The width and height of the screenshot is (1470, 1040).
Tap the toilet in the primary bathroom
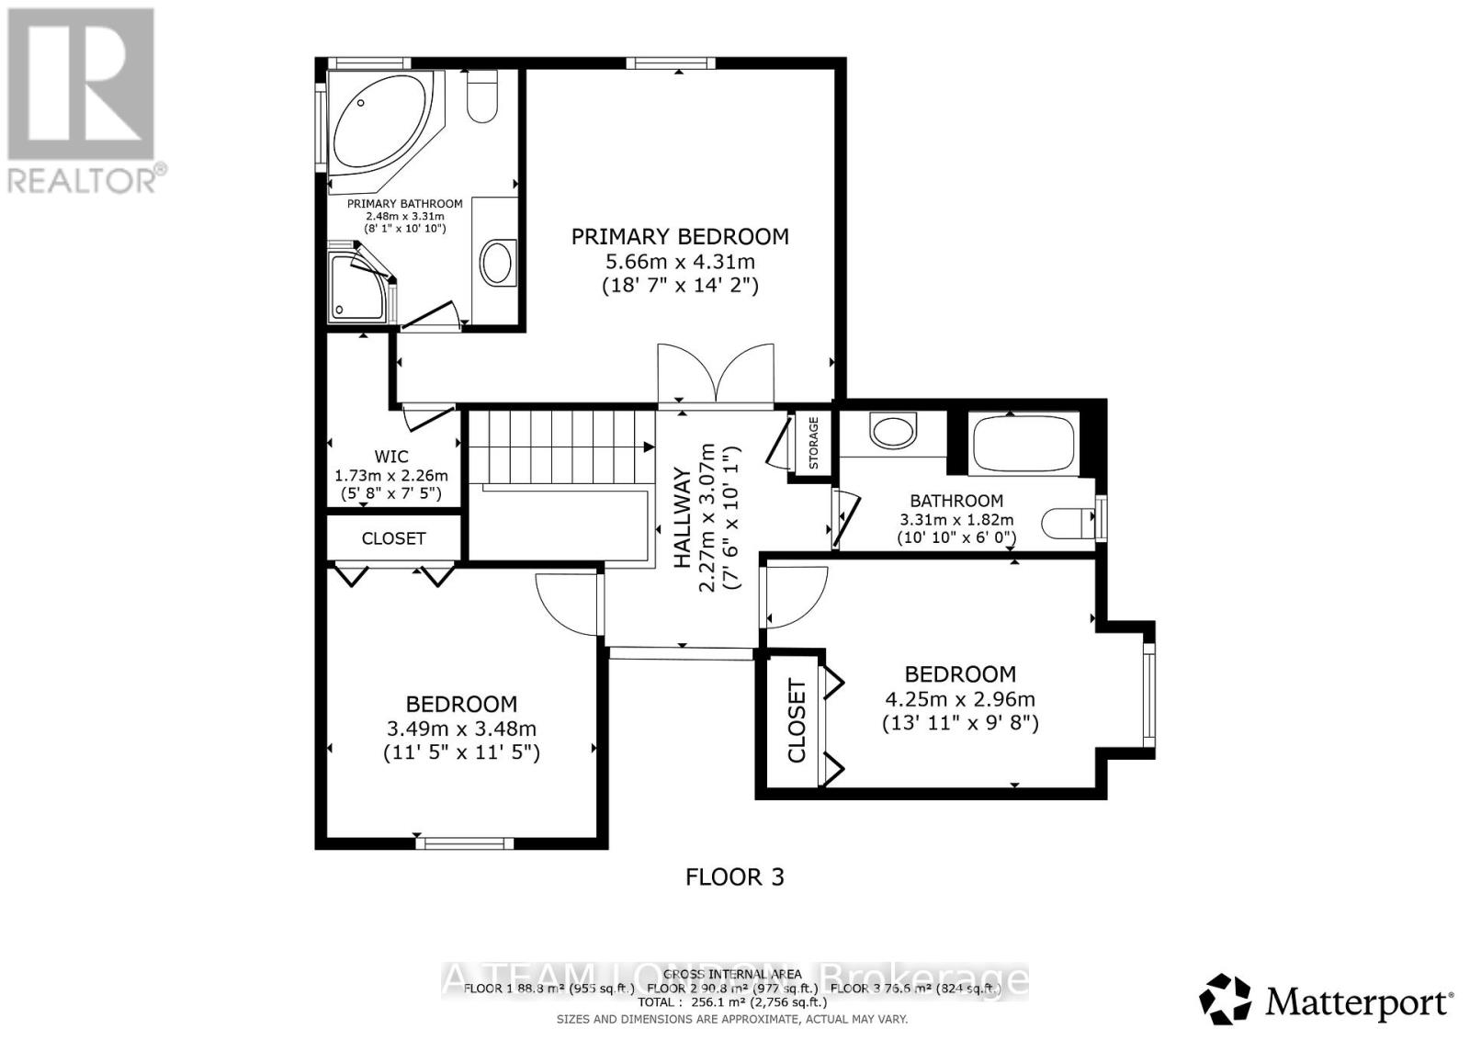point(481,99)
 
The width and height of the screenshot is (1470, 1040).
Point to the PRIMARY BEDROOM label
point(680,237)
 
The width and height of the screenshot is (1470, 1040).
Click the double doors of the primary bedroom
point(716,375)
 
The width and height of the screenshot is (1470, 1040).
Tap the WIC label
point(391,457)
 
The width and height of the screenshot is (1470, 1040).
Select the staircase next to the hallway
point(560,447)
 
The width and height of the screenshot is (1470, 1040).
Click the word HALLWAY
point(683,519)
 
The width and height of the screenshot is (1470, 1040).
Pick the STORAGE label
point(813,443)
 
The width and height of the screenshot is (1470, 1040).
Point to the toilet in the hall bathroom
point(1068,524)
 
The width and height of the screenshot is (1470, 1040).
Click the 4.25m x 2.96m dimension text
point(959,699)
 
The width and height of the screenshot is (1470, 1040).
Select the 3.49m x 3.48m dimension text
point(461,729)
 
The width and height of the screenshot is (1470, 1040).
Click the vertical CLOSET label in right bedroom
point(797,721)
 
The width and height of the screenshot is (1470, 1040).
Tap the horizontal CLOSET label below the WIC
point(393,538)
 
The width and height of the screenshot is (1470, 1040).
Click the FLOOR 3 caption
point(735,877)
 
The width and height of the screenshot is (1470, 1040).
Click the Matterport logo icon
point(1226,999)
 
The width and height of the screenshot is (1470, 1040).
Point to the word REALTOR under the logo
point(83,179)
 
